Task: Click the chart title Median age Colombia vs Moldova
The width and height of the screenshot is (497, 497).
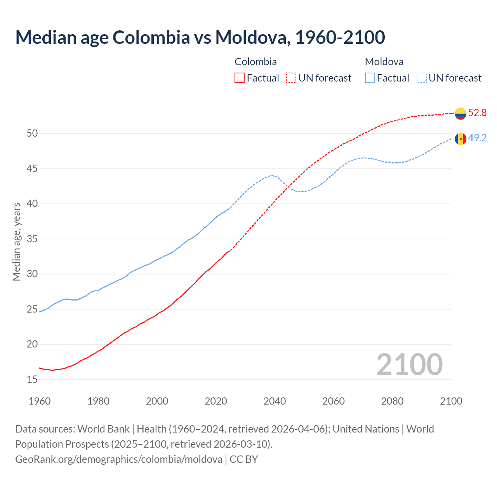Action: pos(200,37)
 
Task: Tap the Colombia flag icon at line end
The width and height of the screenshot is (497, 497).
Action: pos(461,113)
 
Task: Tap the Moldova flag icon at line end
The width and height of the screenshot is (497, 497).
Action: pos(461,139)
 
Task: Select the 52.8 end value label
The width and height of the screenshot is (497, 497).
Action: pos(477,113)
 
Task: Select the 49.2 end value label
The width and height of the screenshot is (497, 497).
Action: pos(477,138)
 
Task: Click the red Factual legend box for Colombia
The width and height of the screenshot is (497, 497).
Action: pos(240,78)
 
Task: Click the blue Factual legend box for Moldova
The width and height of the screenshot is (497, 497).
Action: pos(370,78)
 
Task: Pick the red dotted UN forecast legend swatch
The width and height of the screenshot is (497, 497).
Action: pos(291,78)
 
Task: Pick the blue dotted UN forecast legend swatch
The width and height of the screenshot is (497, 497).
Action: pos(422,78)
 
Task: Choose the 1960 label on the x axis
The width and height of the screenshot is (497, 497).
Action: pos(40,401)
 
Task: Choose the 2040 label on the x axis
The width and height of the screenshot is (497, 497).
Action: pos(275,401)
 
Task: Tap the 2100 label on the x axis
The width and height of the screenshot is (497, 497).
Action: pos(451,401)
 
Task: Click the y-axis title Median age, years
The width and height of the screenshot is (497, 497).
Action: pos(16,242)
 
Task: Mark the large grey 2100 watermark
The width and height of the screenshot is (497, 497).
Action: pos(409,365)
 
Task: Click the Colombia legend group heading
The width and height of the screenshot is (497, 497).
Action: pos(255,62)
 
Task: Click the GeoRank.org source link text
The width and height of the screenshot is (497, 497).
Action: pos(119,459)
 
